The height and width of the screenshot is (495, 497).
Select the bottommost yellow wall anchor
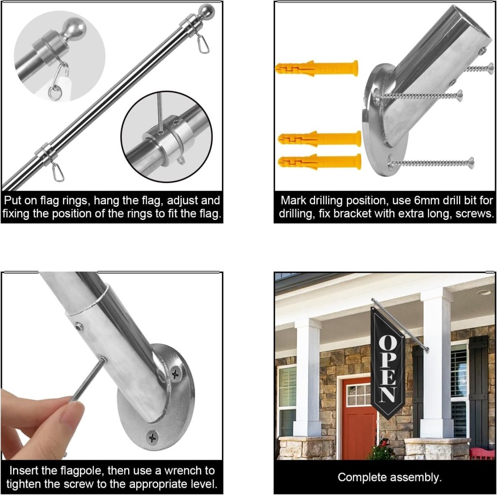coord(319,162)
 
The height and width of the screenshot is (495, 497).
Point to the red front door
coord(359,417)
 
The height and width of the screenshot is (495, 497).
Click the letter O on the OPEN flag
coord(387,343)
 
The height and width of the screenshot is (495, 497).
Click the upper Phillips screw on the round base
coord(175,374)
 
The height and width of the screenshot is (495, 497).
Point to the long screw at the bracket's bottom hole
coord(431,163)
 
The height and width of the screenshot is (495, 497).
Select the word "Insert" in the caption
coord(25,471)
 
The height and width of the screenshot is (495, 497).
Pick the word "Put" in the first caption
coord(12,200)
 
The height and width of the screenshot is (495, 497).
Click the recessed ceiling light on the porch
coord(485,292)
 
